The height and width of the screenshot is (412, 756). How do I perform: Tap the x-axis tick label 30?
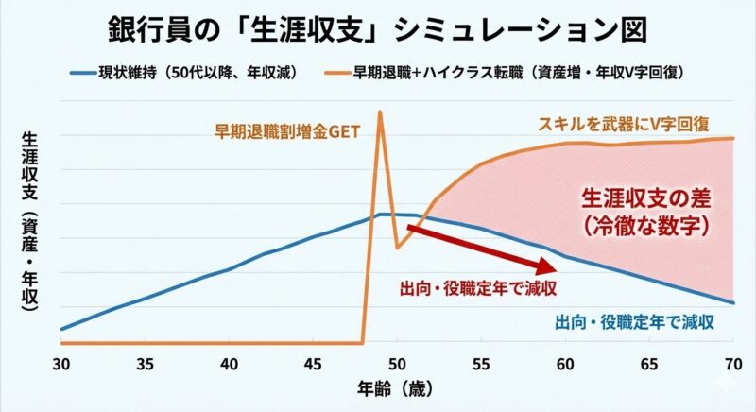61,363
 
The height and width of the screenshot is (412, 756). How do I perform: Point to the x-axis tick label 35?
145,363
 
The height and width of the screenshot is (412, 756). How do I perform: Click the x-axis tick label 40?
229,363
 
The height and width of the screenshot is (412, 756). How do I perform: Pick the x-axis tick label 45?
313,363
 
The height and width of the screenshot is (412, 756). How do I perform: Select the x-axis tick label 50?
397,363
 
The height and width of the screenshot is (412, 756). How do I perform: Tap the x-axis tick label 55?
481,363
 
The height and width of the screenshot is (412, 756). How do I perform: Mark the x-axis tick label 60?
565,363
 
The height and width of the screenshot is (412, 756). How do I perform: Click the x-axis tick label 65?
649,363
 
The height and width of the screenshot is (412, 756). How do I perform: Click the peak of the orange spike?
380,112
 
